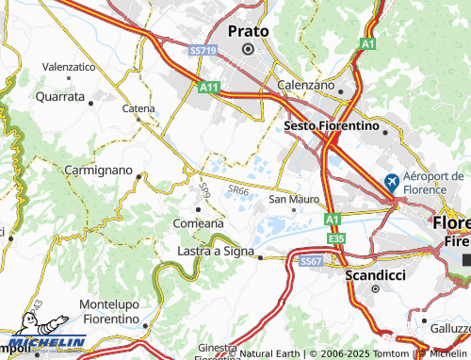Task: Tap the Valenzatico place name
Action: tap(69, 67)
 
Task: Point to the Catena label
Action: tap(138, 108)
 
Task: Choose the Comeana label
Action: tap(198, 223)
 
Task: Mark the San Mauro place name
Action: tap(295, 199)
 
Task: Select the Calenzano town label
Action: tap(307, 85)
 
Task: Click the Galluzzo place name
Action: tap(453, 328)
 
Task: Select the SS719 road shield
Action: tap(202, 49)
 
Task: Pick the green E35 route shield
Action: tap(338, 239)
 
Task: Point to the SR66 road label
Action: tap(237, 189)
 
